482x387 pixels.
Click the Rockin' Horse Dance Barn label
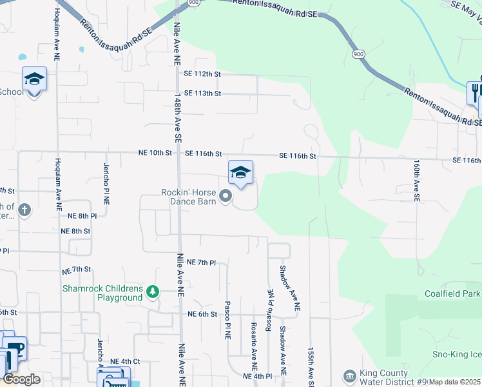188,196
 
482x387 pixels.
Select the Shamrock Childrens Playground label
102,293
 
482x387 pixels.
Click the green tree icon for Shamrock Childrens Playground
152,292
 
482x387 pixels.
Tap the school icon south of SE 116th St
240,172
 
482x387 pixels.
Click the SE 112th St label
202,74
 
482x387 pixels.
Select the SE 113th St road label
202,94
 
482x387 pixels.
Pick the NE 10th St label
155,154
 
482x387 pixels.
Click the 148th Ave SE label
177,117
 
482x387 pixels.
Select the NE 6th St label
202,314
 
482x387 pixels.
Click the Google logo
22,379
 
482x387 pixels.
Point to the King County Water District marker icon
349,375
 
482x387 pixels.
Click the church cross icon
24,210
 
